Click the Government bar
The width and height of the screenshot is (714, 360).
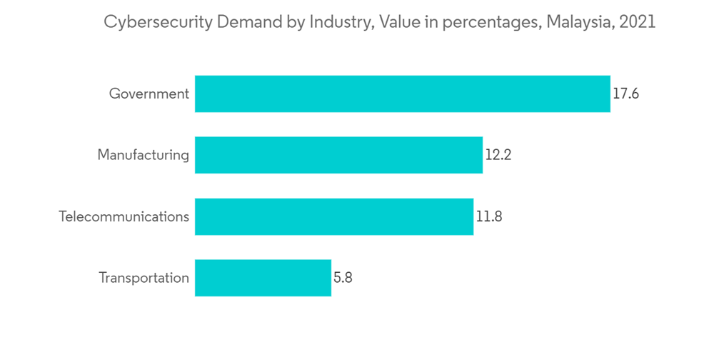(x=403, y=94)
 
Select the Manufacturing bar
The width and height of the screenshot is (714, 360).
(x=338, y=155)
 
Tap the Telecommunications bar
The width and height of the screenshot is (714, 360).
(x=334, y=216)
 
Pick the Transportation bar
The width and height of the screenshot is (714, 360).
(x=263, y=278)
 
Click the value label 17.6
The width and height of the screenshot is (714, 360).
(x=625, y=94)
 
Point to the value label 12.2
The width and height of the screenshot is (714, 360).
(x=498, y=155)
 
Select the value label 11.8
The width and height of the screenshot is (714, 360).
(x=489, y=216)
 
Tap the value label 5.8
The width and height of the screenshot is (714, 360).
(x=343, y=278)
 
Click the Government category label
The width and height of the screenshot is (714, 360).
(x=149, y=94)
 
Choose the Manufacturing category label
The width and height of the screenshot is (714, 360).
(x=143, y=156)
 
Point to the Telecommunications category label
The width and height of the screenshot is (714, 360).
(x=124, y=216)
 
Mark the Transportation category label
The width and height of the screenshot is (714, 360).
(x=144, y=278)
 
